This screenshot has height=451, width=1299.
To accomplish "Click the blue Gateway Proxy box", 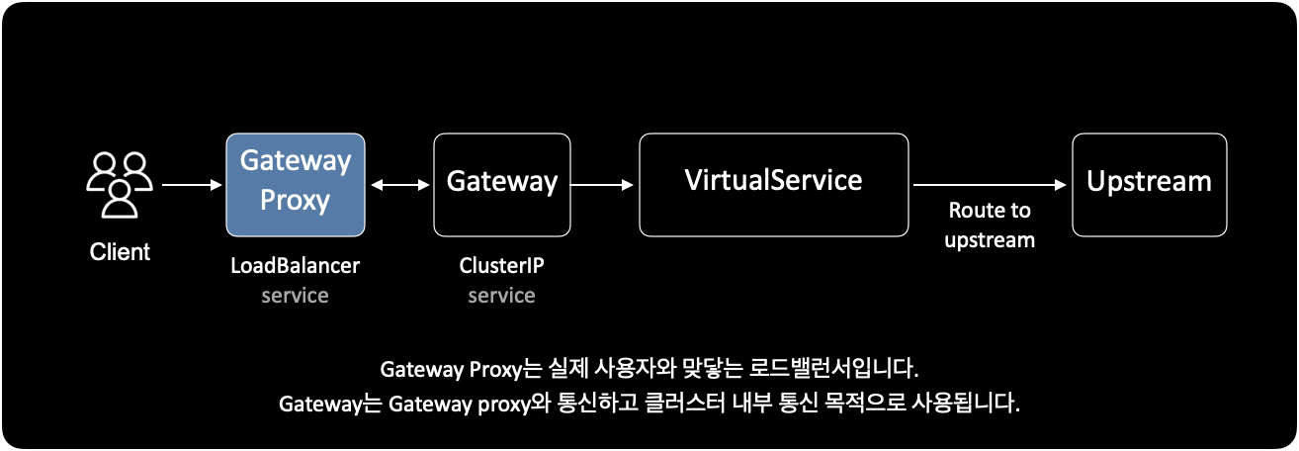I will coord(295,184).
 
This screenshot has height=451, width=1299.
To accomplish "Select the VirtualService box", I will coord(773,184).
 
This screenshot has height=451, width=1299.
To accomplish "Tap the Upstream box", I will coord(1149,184).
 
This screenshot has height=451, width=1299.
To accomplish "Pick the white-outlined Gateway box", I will coord(502,184).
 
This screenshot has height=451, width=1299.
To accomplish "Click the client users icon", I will coord(119,184).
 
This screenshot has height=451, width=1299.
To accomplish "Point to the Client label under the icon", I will coord(120,252).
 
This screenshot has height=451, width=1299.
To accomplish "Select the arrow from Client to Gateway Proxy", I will coord(192,184).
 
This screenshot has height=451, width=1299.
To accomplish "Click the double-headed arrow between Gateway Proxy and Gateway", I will coord(399,184).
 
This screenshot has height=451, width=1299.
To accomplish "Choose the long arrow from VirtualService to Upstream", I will coord(989,184).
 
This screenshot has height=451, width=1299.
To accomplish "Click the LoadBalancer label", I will coord(295,266).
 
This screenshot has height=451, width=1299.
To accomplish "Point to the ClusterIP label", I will coord(501,266).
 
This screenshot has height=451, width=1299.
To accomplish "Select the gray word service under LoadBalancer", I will coord(295,296).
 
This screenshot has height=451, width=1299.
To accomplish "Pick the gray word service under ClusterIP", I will coord(501,296).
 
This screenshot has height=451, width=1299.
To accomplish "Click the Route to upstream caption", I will coord(989,225).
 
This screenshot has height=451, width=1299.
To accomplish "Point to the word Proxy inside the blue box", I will coord(295,200).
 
